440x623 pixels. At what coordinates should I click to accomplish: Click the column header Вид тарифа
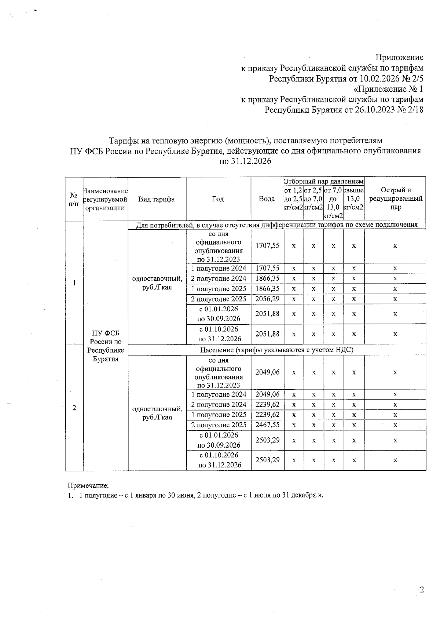pyautogui.click(x=157, y=199)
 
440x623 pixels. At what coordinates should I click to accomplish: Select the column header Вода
pyautogui.click(x=267, y=199)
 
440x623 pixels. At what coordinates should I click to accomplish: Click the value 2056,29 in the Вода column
pyautogui.click(x=267, y=299)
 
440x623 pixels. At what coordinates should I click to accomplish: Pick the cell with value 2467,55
pyautogui.click(x=267, y=425)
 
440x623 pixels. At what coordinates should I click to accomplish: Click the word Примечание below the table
pyautogui.click(x=88, y=485)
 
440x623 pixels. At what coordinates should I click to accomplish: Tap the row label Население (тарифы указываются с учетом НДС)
pyautogui.click(x=277, y=350)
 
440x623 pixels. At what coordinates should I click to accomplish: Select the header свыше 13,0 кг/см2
pyautogui.click(x=354, y=198)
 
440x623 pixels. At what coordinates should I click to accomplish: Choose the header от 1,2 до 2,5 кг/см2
pyautogui.click(x=293, y=198)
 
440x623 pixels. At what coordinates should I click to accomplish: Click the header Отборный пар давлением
pyautogui.click(x=324, y=181)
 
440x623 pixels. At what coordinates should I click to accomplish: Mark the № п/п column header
pyautogui.click(x=74, y=199)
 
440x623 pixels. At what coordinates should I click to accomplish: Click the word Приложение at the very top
pyautogui.click(x=399, y=57)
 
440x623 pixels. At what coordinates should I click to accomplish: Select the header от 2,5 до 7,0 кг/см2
pyautogui.click(x=313, y=198)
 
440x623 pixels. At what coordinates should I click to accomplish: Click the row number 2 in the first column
pyautogui.click(x=74, y=408)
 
